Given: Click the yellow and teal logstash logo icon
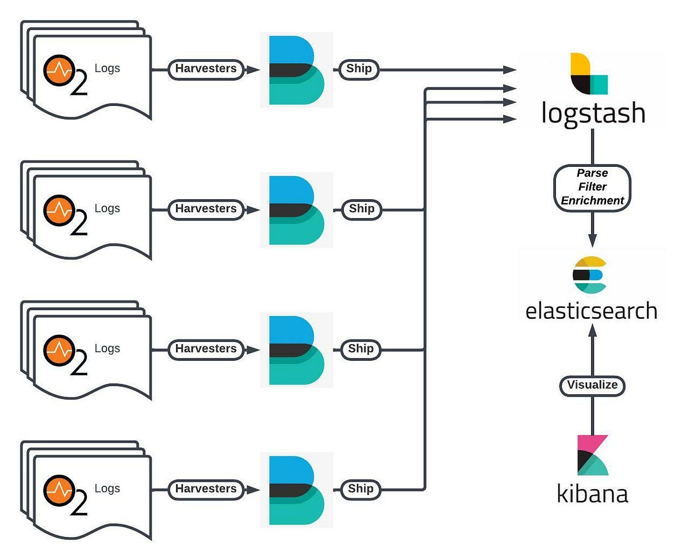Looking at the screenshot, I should [x=588, y=73].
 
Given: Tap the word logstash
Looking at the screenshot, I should [x=593, y=113].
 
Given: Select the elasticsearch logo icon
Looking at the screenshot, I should [x=589, y=275].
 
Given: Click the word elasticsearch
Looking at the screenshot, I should [x=591, y=310].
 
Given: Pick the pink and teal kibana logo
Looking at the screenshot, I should [x=592, y=455].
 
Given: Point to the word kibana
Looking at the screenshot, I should [x=592, y=493].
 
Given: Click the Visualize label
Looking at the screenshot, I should [x=592, y=385].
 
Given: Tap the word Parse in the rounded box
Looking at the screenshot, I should [x=592, y=173].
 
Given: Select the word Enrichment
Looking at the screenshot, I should [x=592, y=201].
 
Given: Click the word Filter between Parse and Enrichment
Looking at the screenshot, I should [x=592, y=187].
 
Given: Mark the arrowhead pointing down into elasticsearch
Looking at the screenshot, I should [x=592, y=239].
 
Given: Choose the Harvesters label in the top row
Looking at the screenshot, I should [x=205, y=68].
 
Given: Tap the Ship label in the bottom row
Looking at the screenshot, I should [x=361, y=489].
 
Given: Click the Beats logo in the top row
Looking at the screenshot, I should [x=296, y=70].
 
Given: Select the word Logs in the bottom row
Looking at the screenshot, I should [x=107, y=488].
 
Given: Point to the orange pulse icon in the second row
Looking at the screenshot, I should [x=59, y=211].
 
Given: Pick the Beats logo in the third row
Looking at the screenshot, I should [x=296, y=350].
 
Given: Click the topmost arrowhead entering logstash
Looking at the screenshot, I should [x=509, y=70].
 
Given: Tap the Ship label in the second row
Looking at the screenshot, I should [x=361, y=209].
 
